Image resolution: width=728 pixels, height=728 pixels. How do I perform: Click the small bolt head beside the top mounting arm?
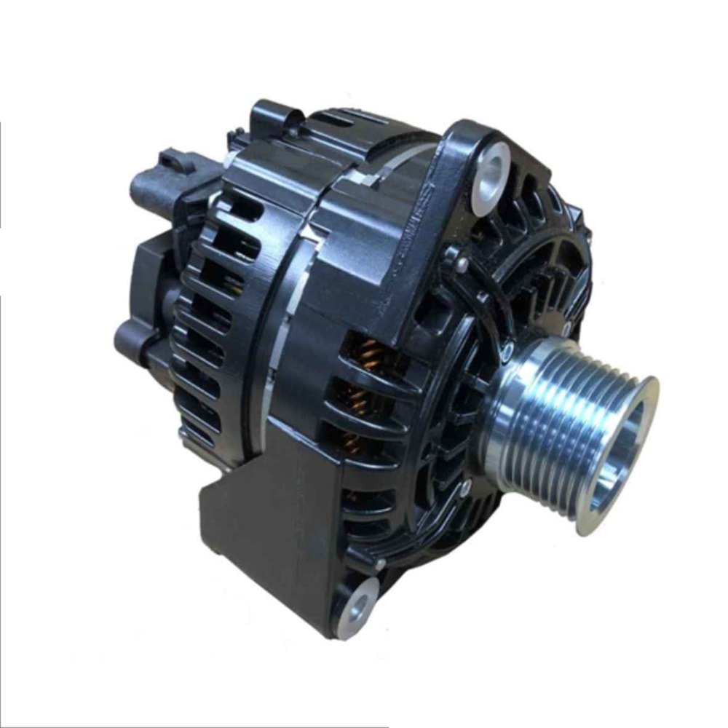coord(462,264)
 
